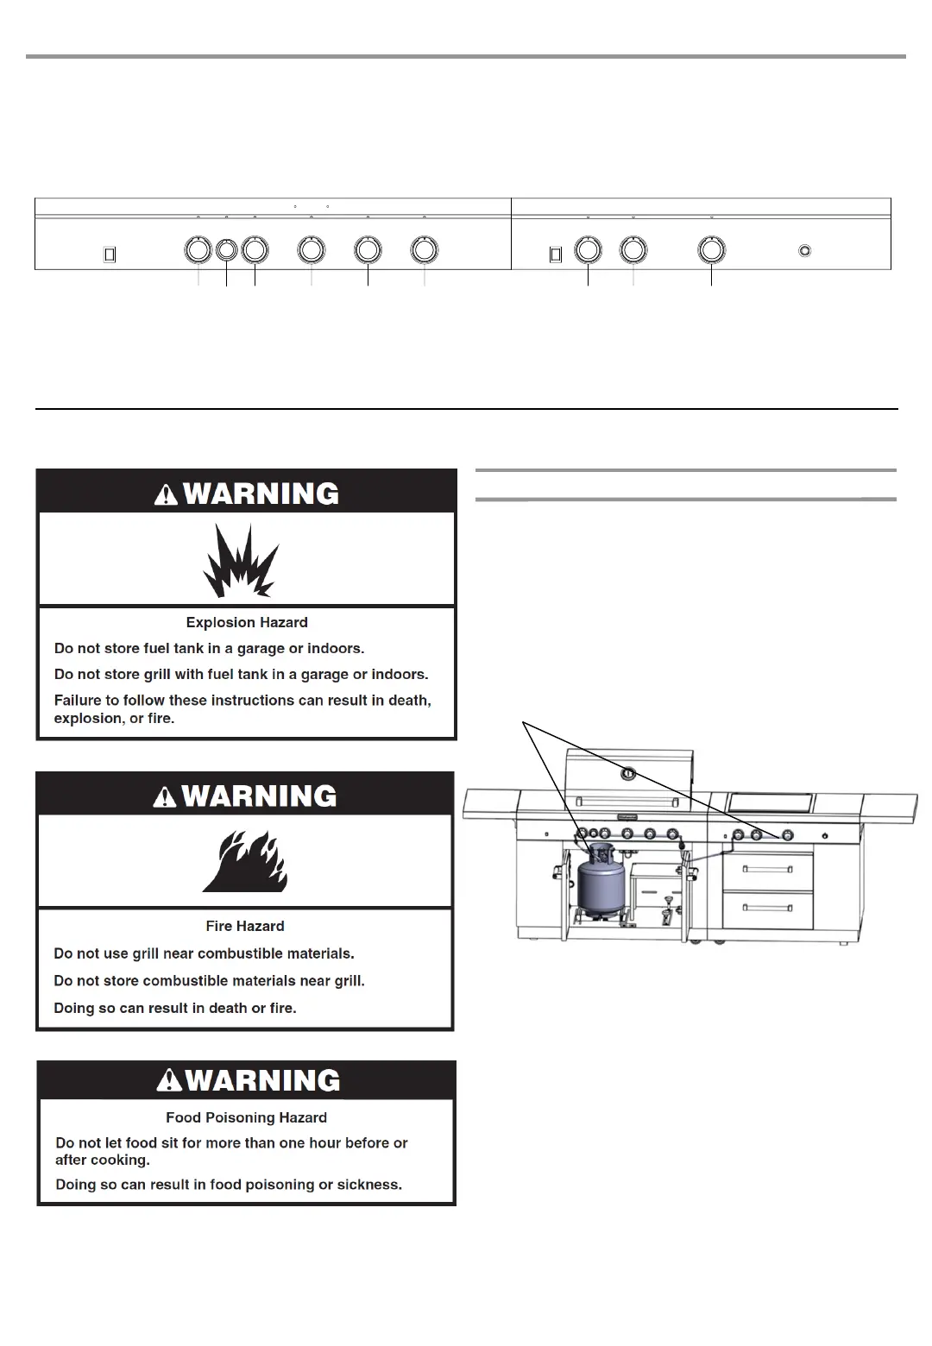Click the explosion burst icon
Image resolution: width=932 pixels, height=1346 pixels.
click(241, 562)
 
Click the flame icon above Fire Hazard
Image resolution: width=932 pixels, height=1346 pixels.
click(245, 861)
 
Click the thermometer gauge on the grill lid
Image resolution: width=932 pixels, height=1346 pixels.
click(629, 773)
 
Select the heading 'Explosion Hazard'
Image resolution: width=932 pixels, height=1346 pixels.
click(247, 622)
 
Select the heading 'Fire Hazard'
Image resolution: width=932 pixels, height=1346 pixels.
click(245, 926)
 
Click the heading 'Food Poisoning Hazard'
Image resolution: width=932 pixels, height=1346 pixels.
click(247, 1117)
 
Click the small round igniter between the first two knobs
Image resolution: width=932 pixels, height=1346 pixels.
click(226, 250)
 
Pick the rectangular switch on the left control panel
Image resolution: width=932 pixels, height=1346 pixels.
click(110, 255)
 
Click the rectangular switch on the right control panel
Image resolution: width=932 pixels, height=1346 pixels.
click(556, 255)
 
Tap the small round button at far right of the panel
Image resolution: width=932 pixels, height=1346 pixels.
click(805, 250)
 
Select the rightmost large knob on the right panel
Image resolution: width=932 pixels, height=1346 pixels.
click(712, 250)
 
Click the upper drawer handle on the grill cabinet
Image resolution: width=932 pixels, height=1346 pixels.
click(767, 869)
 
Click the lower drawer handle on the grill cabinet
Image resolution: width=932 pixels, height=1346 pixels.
click(767, 908)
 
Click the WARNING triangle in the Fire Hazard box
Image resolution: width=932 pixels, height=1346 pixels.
click(164, 797)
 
